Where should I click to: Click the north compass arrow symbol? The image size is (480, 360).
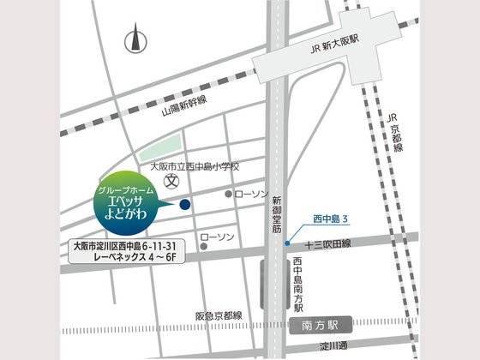pos(133,39)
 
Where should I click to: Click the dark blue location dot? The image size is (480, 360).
pos(184,204)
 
